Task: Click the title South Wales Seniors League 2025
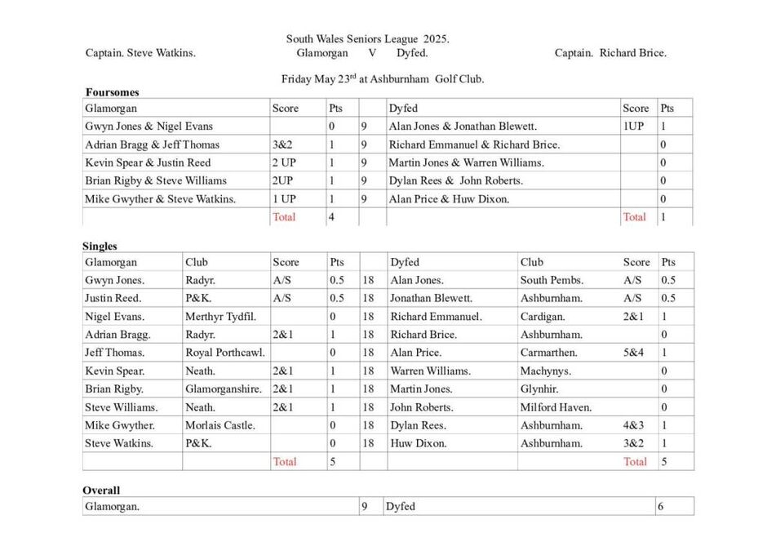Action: click(x=367, y=38)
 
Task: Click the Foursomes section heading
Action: click(x=112, y=92)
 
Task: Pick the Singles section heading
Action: click(x=100, y=246)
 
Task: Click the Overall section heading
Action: click(x=101, y=490)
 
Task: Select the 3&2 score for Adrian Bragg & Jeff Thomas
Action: click(x=282, y=144)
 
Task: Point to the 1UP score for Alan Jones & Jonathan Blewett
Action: click(x=634, y=127)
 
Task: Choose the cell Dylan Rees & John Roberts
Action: click(x=455, y=180)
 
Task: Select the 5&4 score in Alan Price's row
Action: click(x=633, y=353)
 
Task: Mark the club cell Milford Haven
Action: click(x=556, y=407)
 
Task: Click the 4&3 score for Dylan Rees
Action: click(x=633, y=425)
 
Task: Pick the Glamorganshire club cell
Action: click(x=224, y=389)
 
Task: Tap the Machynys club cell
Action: click(x=544, y=371)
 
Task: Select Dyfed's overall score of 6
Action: click(x=661, y=506)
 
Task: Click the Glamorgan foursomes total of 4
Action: click(x=332, y=217)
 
